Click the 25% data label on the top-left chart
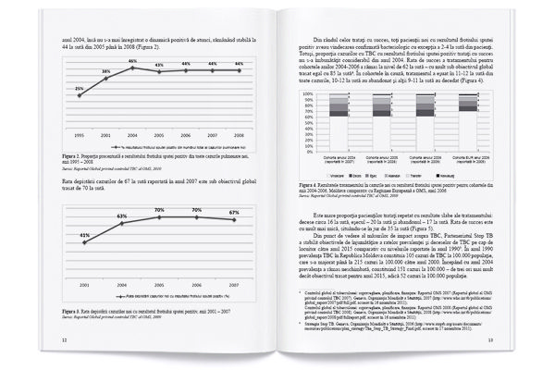point(80,88)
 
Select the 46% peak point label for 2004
point(133,60)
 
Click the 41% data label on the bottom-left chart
point(85,236)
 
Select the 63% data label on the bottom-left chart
point(122,216)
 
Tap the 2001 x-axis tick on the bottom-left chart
point(85,285)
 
